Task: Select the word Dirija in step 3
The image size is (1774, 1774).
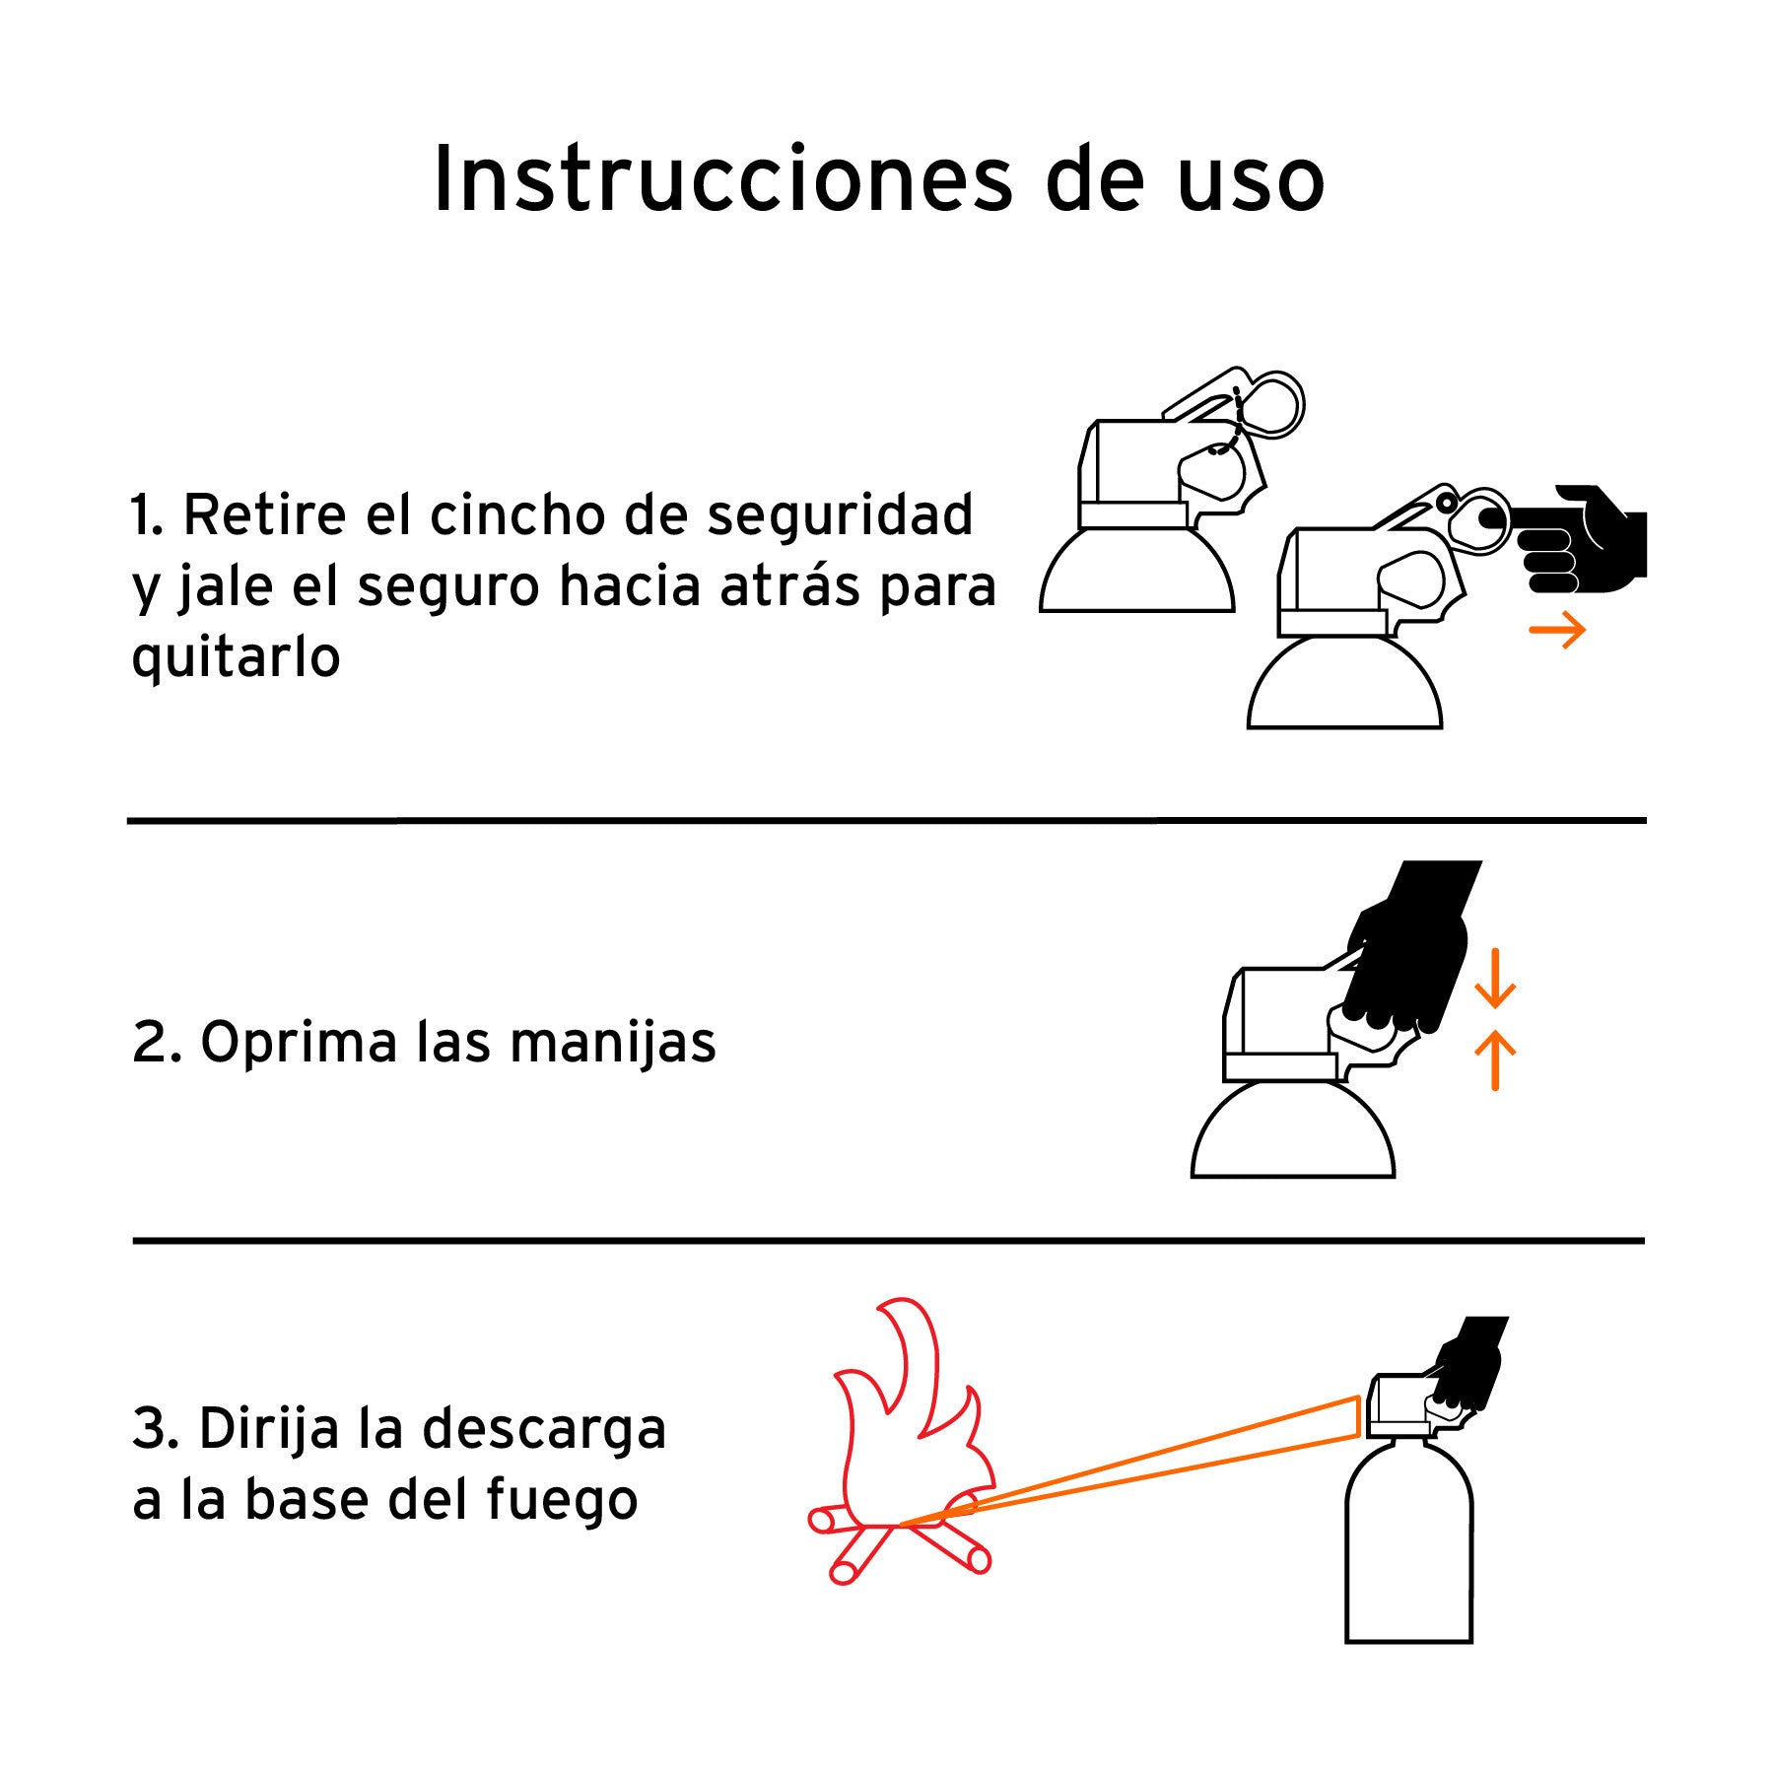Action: click(x=269, y=1431)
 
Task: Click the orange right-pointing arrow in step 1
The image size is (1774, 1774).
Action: click(x=1557, y=631)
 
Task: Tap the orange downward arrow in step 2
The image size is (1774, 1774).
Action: click(x=1495, y=978)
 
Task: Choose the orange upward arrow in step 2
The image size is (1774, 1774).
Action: click(x=1495, y=1060)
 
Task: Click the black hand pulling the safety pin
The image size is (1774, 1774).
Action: click(x=1577, y=540)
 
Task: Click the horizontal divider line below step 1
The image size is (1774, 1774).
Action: click(x=887, y=820)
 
